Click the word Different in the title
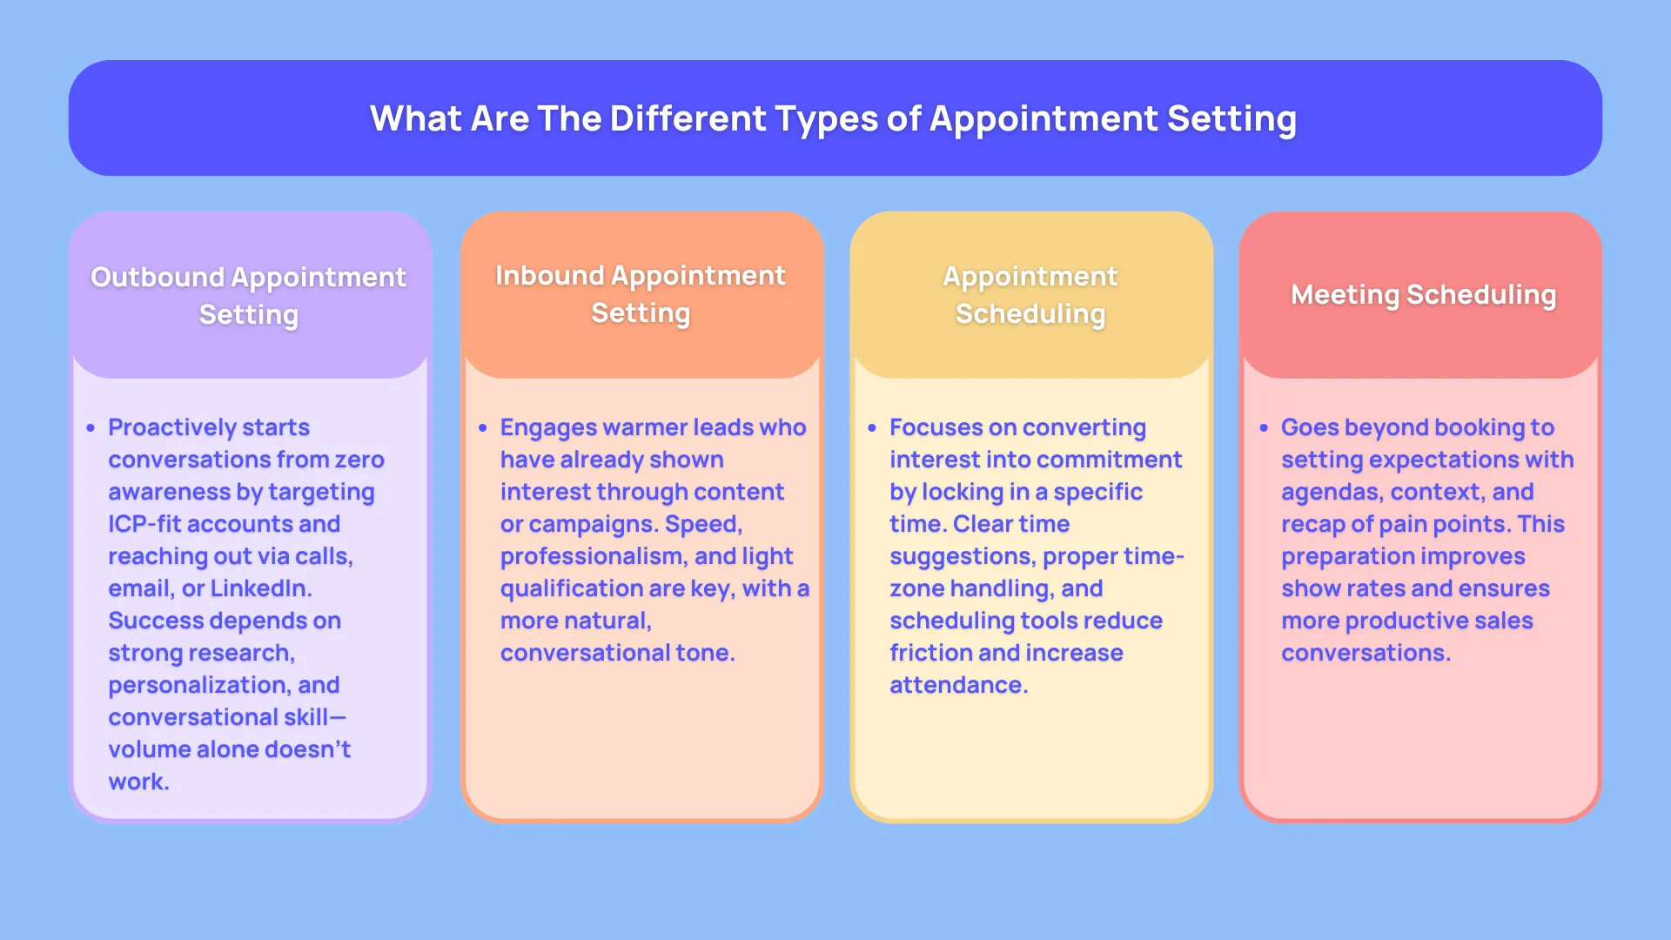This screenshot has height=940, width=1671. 688,118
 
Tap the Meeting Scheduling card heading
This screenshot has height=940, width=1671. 1423,295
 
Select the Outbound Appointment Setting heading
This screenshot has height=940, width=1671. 249,295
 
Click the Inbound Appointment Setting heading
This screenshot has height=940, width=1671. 641,293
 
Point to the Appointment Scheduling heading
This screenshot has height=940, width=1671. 1030,294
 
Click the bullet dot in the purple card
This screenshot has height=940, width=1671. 91,428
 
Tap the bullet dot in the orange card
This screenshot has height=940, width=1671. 482,428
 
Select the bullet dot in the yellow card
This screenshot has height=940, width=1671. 872,428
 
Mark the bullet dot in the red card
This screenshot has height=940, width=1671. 1264,428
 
